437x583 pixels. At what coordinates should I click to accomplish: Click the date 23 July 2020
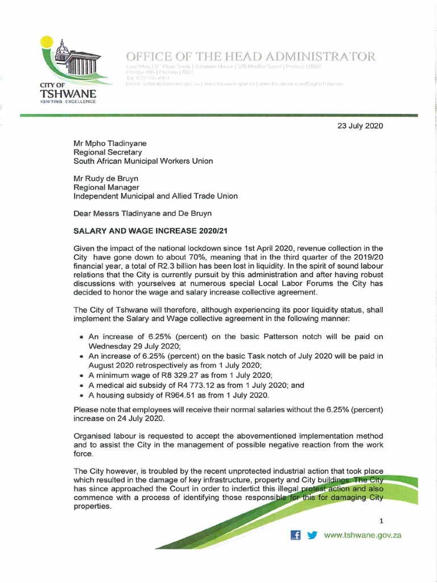pyautogui.click(x=360, y=125)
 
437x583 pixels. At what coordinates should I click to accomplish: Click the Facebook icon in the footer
pyautogui.click(x=295, y=535)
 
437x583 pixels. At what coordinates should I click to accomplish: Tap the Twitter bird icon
pyautogui.click(x=312, y=535)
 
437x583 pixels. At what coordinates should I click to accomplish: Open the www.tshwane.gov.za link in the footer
pyautogui.click(x=362, y=535)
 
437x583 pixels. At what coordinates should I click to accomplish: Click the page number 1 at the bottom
pyautogui.click(x=382, y=521)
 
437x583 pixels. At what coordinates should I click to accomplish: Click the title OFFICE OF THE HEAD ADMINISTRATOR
pyautogui.click(x=250, y=56)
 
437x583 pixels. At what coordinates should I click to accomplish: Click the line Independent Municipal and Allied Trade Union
pyautogui.click(x=156, y=196)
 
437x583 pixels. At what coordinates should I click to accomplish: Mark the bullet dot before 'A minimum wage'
pyautogui.click(x=83, y=375)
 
